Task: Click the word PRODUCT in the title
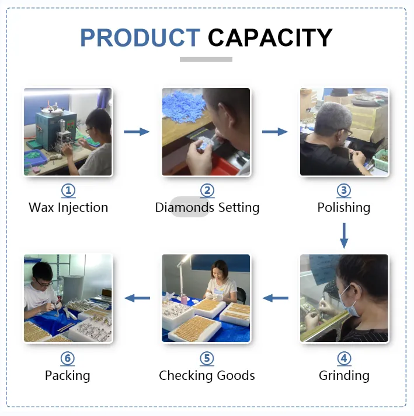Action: pos(140,37)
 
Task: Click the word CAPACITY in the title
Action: pos(270,37)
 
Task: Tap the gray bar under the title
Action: pos(206,59)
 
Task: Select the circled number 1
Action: pos(68,191)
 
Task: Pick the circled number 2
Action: pos(207,191)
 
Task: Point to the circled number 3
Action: pos(344,191)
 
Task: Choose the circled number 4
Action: pos(344,358)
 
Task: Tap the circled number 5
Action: pos(207,358)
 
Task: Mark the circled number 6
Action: pos(68,358)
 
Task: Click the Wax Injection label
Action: pos(68,208)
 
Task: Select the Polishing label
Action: pos(344,208)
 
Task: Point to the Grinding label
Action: pos(344,376)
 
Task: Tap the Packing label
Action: pos(68,376)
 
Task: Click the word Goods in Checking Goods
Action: pos(236,375)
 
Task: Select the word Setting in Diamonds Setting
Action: pos(239,208)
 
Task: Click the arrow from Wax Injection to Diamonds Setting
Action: pos(137,132)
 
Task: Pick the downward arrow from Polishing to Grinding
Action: pos(344,235)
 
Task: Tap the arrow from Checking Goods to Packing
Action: pos(137,298)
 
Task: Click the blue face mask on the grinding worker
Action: pos(350,301)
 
